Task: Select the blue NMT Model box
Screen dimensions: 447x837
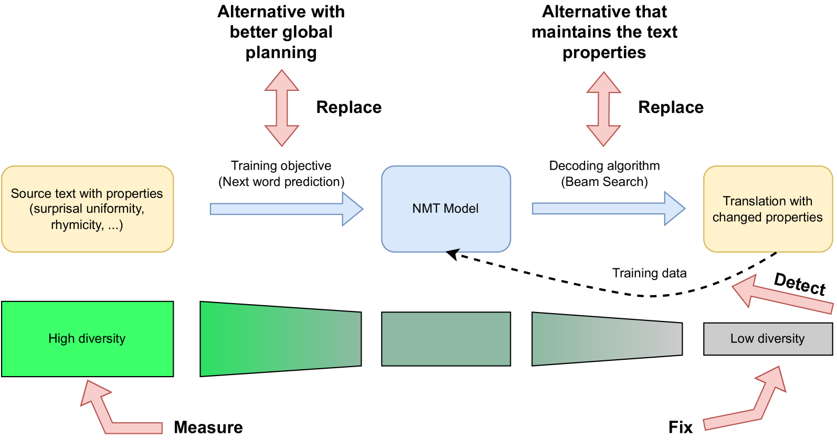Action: point(446,209)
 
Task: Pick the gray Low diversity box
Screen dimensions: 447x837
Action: point(767,339)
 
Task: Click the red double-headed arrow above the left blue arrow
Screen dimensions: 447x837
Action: point(282,108)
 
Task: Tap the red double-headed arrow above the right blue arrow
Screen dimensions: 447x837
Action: point(603,109)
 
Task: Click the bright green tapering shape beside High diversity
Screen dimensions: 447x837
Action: point(281,339)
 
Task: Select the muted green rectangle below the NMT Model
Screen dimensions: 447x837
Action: point(446,339)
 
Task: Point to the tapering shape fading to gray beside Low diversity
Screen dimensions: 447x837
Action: point(607,339)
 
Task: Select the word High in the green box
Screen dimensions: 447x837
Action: point(61,339)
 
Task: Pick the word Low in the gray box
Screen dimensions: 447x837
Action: point(741,339)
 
